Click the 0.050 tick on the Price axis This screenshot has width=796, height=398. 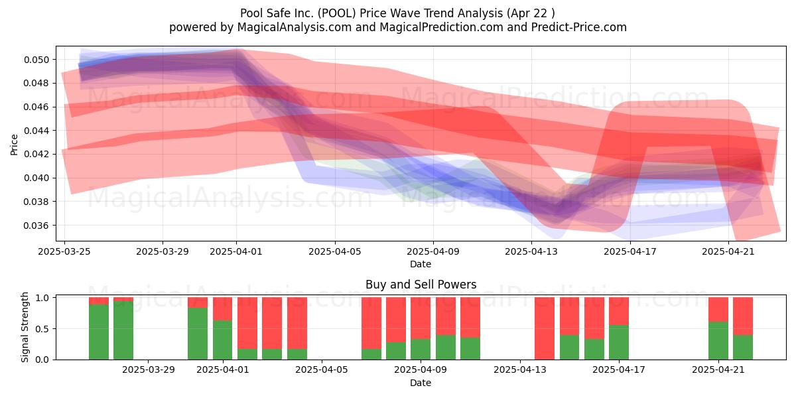(x=36, y=60)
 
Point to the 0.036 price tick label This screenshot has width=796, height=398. (x=36, y=226)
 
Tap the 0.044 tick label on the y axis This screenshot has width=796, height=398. (x=36, y=131)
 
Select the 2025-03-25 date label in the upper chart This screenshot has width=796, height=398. (x=64, y=251)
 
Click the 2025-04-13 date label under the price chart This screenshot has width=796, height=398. (x=531, y=251)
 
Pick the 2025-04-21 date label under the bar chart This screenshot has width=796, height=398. (x=718, y=369)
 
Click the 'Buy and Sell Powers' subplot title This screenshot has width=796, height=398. (x=421, y=285)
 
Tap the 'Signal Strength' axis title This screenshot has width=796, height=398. (x=25, y=327)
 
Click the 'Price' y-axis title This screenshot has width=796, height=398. (x=14, y=145)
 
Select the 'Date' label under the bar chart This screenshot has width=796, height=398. (x=421, y=383)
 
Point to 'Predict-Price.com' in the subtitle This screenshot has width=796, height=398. (x=579, y=27)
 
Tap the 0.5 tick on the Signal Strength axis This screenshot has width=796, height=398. (x=42, y=329)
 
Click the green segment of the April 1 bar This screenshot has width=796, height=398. (x=222, y=340)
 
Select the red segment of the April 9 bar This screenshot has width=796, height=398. (x=421, y=318)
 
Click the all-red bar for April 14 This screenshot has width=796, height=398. (x=545, y=328)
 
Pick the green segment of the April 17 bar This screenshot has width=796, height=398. (x=619, y=342)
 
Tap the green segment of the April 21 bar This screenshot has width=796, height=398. (x=718, y=341)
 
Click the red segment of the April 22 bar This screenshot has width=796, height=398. (x=743, y=316)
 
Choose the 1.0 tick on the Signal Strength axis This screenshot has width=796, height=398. (x=42, y=298)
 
